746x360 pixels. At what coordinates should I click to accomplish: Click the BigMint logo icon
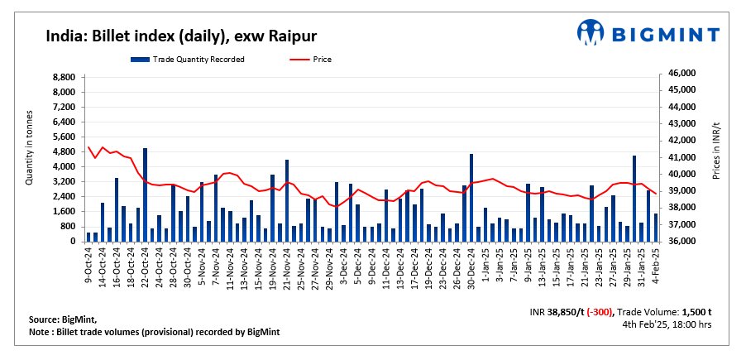[x=591, y=33]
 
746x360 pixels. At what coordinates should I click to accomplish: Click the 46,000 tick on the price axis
[x=683, y=74]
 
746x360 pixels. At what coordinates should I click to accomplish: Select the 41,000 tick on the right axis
[x=683, y=157]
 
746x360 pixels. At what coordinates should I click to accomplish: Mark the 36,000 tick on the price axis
[x=683, y=242]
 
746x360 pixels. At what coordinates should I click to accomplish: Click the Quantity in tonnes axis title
[x=30, y=147]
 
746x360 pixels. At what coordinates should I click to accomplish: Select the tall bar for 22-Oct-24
[x=146, y=194]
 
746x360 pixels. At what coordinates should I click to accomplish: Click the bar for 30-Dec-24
[x=471, y=197]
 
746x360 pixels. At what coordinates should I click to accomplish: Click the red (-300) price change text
[x=597, y=312]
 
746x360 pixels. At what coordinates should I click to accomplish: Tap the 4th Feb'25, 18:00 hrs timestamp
[x=667, y=324]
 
